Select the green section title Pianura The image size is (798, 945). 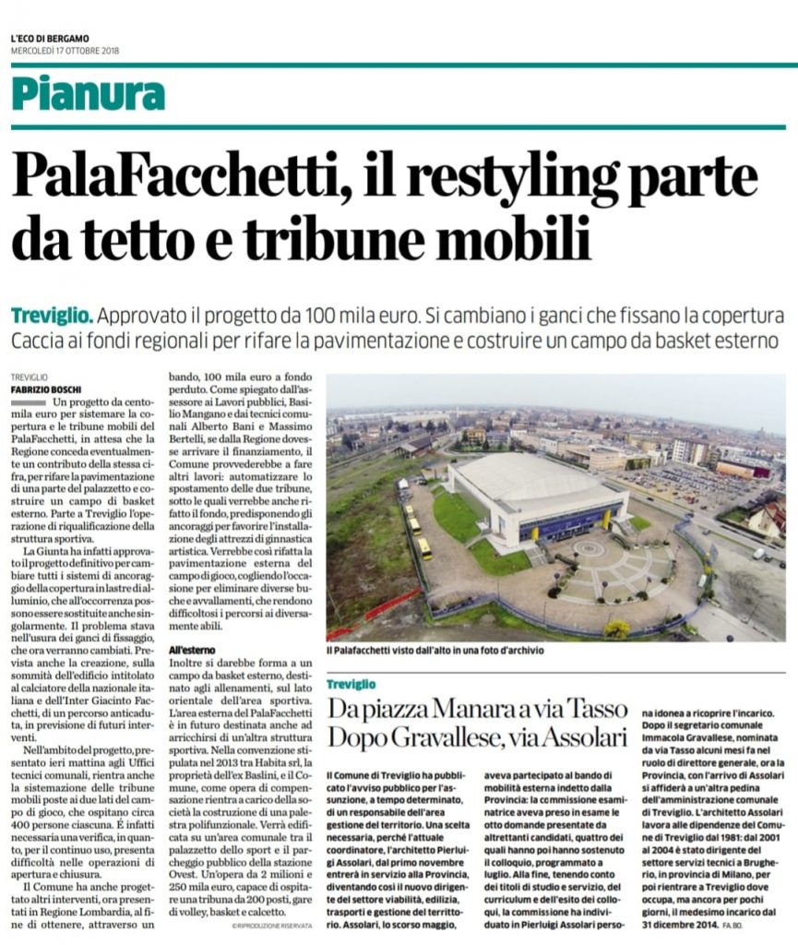tap(89, 94)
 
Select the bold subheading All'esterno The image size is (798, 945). tap(187, 650)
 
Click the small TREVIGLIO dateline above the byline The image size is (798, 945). tap(30, 377)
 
